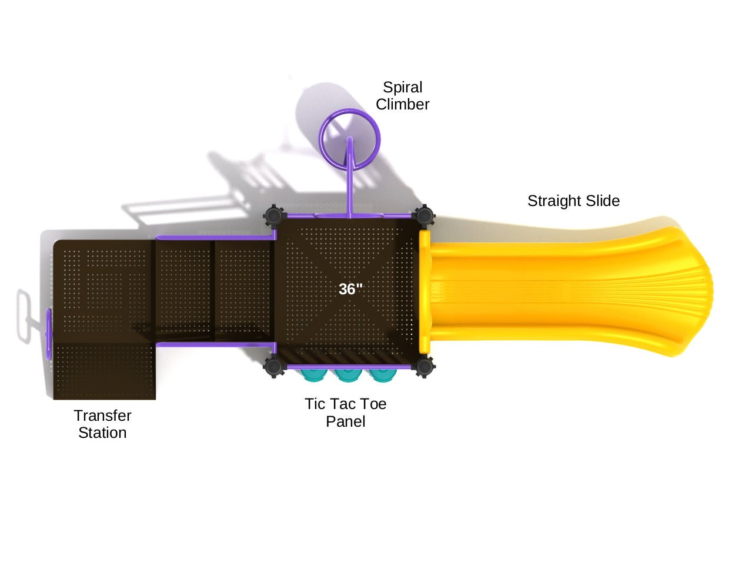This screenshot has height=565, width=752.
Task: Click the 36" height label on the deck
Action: point(350,289)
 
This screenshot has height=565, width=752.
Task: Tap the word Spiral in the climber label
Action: point(402,87)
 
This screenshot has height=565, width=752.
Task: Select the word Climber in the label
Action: point(402,104)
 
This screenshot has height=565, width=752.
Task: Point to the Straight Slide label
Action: point(573,201)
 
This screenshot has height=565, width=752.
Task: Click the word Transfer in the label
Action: point(102,416)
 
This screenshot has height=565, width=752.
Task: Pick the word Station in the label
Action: point(102,433)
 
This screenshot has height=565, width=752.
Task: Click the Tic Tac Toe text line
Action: point(345,404)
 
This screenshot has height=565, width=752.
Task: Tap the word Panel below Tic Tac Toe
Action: point(345,421)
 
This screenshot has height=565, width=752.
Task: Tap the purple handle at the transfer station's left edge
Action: point(49,333)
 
